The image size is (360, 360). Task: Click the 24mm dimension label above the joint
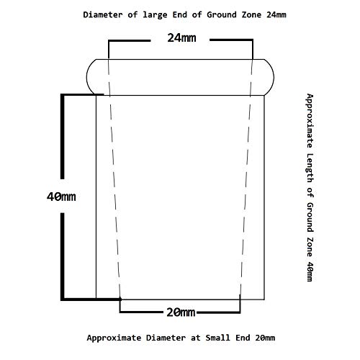pos(181,38)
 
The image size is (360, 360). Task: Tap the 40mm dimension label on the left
pos(61,197)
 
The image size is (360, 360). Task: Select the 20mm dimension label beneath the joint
pos(181,312)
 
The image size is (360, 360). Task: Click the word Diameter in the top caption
pos(103,14)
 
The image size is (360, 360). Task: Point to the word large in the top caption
pos(155,15)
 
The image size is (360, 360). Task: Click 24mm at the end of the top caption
pos(276,14)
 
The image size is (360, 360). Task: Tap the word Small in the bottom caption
pos(217,338)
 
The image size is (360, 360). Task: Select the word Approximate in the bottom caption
pos(114,338)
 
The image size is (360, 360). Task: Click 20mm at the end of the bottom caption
pos(265,338)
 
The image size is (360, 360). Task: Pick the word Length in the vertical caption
pos(310,168)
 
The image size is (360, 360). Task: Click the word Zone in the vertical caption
pos(310,247)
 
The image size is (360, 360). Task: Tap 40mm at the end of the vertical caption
pos(310,271)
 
